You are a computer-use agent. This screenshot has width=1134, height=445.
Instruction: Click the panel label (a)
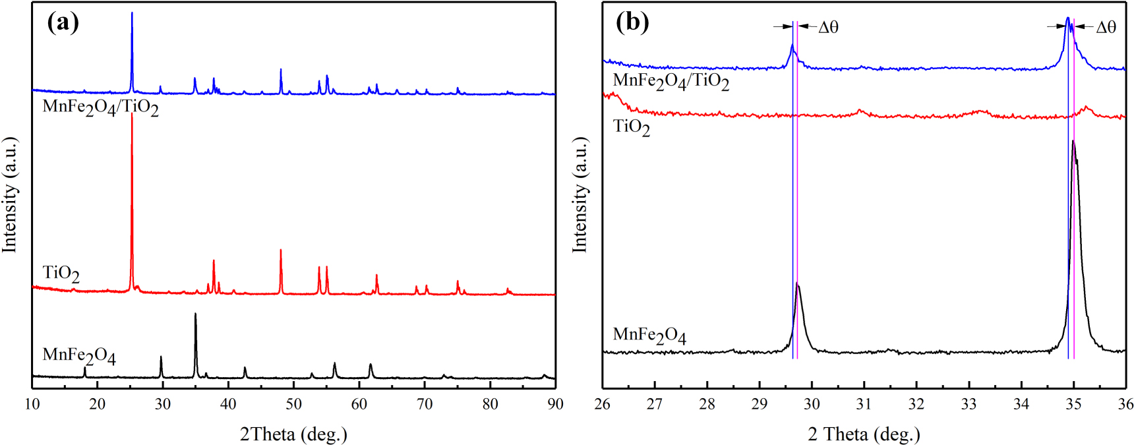click(63, 22)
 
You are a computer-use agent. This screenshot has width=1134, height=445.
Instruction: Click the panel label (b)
click(632, 22)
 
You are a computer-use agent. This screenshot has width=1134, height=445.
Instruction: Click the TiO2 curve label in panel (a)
click(61, 274)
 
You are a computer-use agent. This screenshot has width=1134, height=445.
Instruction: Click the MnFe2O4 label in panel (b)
click(649, 336)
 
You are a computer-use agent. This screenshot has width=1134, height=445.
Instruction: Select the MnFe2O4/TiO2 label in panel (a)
click(100, 107)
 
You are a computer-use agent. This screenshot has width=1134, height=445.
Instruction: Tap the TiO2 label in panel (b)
click(631, 127)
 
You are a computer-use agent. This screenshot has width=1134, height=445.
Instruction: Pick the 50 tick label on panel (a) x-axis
click(293, 404)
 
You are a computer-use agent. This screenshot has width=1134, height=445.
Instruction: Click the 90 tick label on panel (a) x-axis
click(555, 404)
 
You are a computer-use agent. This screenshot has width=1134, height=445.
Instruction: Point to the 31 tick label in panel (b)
click(864, 404)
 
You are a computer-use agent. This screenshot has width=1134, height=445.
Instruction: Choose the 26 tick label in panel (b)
click(603, 404)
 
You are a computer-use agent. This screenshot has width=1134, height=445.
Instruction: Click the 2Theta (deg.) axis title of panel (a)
click(293, 434)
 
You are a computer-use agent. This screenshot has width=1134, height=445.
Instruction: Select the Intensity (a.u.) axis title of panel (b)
click(579, 194)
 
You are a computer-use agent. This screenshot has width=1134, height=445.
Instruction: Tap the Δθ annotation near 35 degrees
click(1106, 27)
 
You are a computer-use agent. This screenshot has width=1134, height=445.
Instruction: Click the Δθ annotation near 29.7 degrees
click(828, 27)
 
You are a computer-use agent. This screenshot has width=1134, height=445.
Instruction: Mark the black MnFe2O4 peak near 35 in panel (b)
click(1073, 142)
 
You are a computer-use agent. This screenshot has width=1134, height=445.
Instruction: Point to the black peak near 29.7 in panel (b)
click(798, 284)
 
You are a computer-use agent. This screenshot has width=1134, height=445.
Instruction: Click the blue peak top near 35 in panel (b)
click(1067, 18)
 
